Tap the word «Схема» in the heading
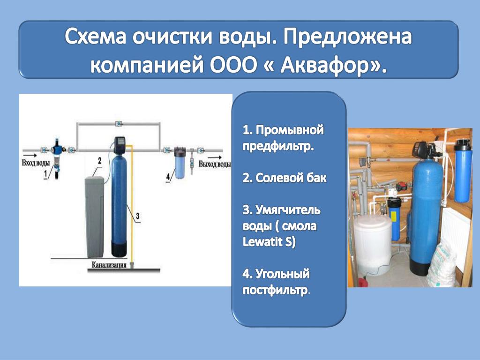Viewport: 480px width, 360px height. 96,37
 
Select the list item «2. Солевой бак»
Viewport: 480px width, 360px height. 285,178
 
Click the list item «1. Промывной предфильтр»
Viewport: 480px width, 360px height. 283,138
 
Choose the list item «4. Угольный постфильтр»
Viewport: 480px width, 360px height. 277,282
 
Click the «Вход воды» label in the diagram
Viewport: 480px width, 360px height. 35,163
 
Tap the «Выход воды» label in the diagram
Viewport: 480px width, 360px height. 214,164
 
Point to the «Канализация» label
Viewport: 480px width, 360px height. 109,265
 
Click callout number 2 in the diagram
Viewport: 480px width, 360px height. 99,161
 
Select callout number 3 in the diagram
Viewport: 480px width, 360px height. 138,216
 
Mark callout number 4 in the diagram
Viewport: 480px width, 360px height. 168,177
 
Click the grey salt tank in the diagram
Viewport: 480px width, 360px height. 94,217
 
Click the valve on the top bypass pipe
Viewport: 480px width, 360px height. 118,124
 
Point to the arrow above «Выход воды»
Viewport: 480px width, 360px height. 216,157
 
